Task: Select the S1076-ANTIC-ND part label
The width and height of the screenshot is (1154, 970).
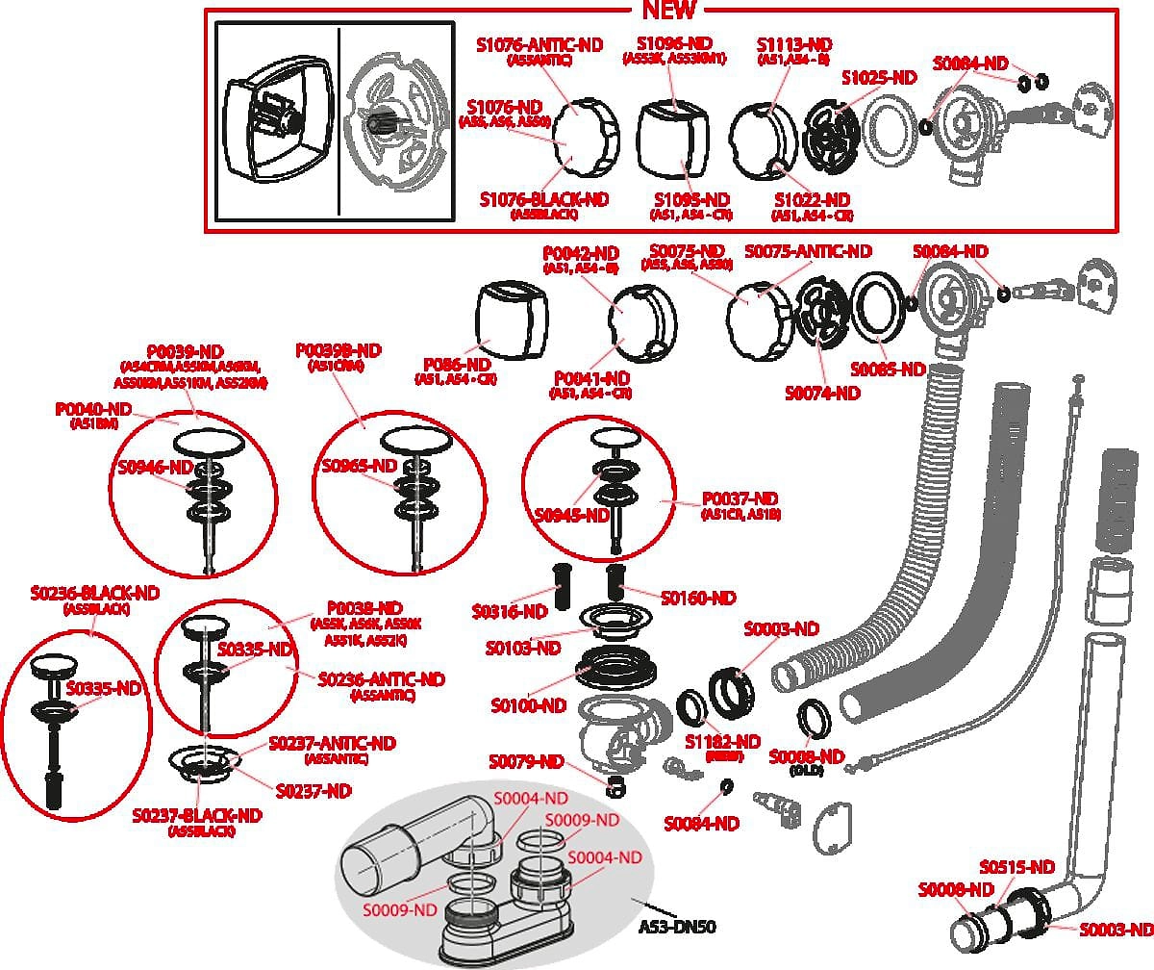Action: [x=539, y=44]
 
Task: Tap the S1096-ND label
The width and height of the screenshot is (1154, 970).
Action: [x=674, y=44]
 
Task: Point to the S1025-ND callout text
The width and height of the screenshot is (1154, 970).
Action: [x=879, y=78]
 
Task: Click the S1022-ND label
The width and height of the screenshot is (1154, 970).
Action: [x=812, y=200]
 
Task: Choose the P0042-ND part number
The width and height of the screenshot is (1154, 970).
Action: [x=580, y=252]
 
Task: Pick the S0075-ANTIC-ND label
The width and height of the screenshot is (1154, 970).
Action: [x=809, y=251]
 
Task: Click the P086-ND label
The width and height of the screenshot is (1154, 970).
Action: [x=457, y=366]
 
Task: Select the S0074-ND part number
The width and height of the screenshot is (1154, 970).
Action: [x=822, y=393]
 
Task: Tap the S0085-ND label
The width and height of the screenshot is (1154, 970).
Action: [x=888, y=370]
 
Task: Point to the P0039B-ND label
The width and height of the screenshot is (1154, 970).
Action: [x=339, y=350]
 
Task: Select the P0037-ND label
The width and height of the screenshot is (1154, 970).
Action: [x=740, y=498]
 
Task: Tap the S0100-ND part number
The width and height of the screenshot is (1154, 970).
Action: [x=528, y=705]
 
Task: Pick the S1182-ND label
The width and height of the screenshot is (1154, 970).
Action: [x=722, y=742]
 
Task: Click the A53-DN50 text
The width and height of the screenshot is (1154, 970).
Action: [x=684, y=927]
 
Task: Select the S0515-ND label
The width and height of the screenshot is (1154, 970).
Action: [x=1017, y=867]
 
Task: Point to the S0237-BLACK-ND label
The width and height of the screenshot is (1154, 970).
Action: [x=197, y=816]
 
